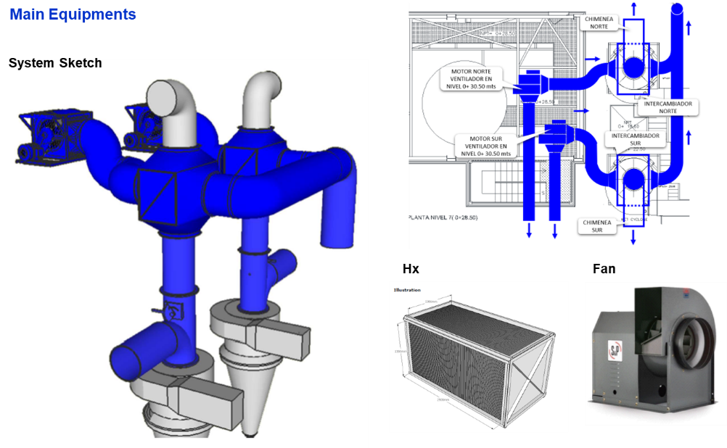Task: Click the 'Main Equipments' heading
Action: (73, 14)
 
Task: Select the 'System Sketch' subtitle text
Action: (55, 63)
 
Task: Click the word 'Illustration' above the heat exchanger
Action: (407, 290)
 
